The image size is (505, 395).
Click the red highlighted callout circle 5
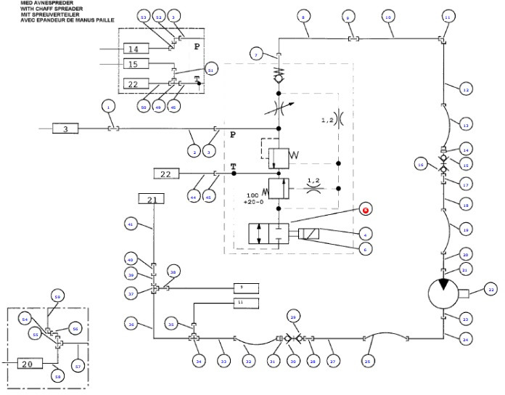pyautogui.click(x=366, y=210)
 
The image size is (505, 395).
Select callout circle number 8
pyautogui.click(x=303, y=16)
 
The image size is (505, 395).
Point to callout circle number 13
pyautogui.click(x=467, y=124)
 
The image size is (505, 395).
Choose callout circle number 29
pyautogui.click(x=294, y=317)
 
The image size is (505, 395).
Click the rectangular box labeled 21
pyautogui.click(x=152, y=199)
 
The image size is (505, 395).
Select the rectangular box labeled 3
pyautogui.click(x=65, y=129)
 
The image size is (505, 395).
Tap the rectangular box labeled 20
pyautogui.click(x=28, y=364)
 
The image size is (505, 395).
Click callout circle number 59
pyautogui.click(x=57, y=296)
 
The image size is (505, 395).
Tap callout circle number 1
pyautogui.click(x=108, y=106)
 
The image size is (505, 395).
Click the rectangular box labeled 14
pyautogui.click(x=134, y=49)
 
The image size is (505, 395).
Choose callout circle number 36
pyautogui.click(x=131, y=325)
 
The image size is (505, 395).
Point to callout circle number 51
pyautogui.click(x=210, y=70)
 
